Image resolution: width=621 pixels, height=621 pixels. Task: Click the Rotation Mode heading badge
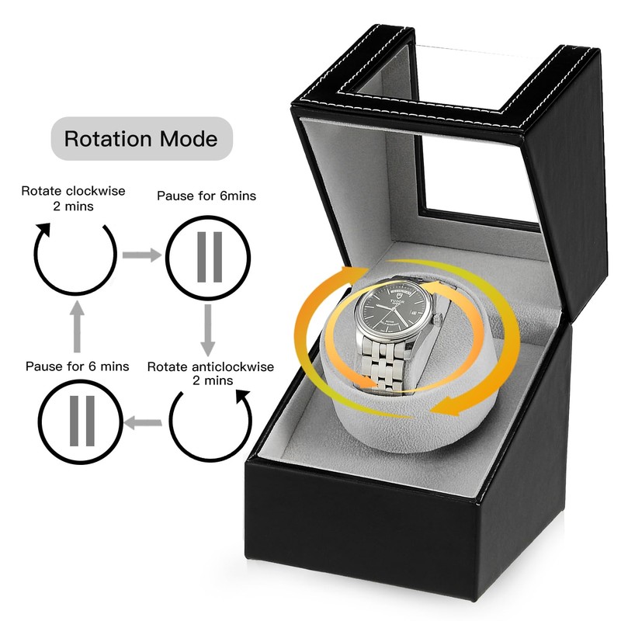(x=141, y=139)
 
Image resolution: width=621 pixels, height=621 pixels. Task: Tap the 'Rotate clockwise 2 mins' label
(x=73, y=197)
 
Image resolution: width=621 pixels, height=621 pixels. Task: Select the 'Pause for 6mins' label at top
(x=206, y=196)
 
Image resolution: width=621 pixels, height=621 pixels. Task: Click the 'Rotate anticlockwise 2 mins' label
(x=210, y=373)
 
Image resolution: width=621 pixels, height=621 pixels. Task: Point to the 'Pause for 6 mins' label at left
(x=78, y=366)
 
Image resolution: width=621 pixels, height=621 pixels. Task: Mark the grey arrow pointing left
(x=143, y=423)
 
